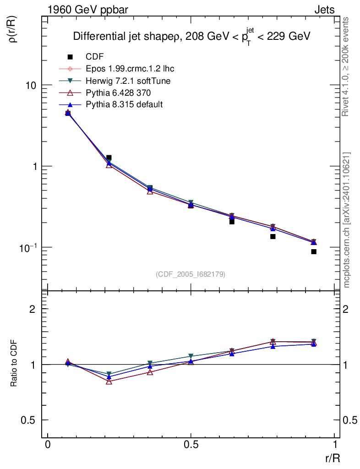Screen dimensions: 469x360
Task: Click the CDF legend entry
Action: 95,57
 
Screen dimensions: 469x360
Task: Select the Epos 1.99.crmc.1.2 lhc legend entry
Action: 130,69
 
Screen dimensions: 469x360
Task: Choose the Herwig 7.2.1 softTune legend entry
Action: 128,81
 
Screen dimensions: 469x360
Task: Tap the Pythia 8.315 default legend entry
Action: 124,104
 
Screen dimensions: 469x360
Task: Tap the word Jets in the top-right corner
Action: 324,10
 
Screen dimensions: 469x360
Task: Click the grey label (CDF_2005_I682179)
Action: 191,274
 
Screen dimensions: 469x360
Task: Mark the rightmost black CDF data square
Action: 314,251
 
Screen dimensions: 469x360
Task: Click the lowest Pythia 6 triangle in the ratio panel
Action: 109,381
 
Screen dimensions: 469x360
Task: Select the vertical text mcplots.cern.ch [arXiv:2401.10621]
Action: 347,220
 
